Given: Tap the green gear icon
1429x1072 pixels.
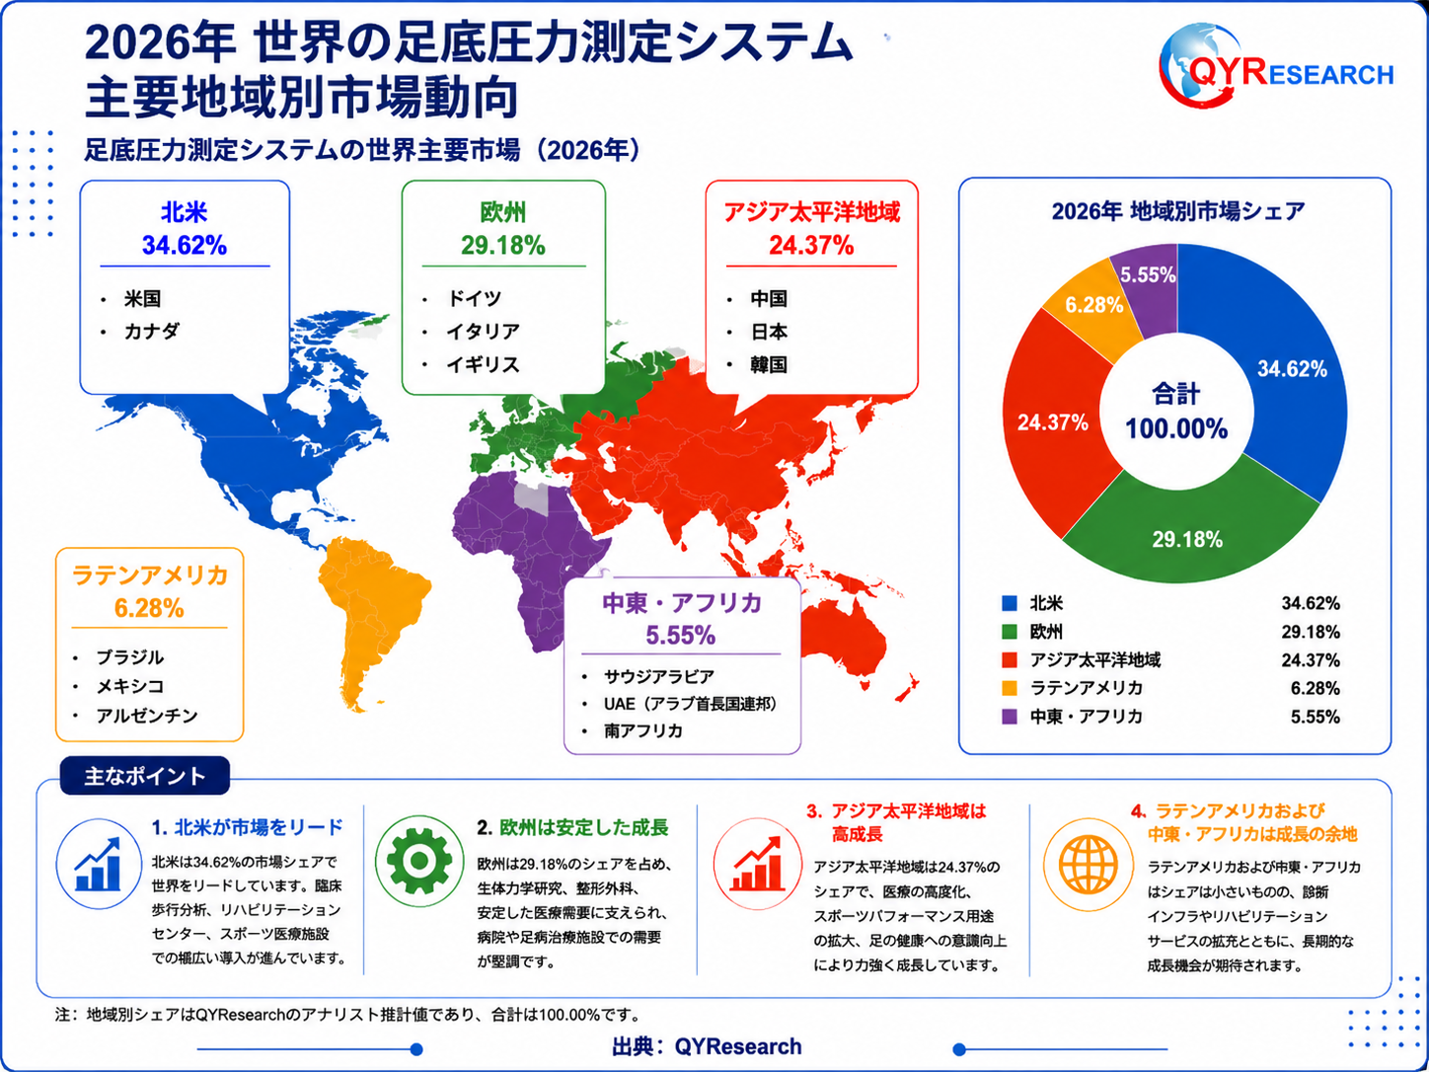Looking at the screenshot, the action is click(419, 861).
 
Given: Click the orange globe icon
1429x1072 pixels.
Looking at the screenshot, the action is click(1088, 865).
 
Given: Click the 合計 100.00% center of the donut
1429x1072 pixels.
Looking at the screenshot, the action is click(1175, 412).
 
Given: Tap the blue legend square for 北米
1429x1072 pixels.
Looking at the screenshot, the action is click(1010, 603).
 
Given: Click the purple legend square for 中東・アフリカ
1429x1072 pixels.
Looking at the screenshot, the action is click(1010, 717).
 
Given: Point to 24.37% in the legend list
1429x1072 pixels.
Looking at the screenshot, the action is click(1311, 660).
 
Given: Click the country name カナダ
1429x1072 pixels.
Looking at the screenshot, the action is click(152, 332).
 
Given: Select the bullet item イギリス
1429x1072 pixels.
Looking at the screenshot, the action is click(483, 364).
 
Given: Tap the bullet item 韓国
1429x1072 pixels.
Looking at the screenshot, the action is click(769, 364).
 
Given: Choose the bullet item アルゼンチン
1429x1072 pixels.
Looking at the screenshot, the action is click(146, 716).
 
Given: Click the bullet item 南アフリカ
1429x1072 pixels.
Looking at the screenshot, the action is click(643, 730).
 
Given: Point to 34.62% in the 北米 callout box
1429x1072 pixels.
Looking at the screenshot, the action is click(185, 246).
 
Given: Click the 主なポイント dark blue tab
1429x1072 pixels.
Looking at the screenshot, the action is click(144, 775).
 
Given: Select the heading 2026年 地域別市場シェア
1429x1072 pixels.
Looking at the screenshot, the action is click(1177, 211).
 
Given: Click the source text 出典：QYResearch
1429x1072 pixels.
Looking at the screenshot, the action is click(707, 1046).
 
